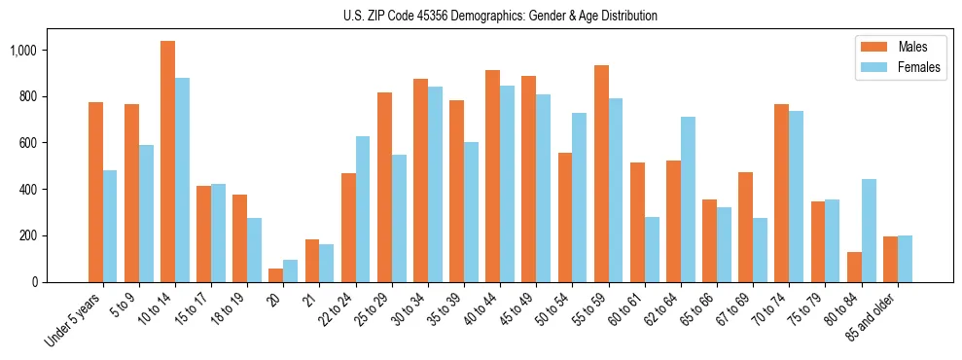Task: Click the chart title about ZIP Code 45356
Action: click(x=500, y=16)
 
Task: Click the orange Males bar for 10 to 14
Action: click(x=168, y=162)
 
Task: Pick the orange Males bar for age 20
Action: click(x=276, y=275)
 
